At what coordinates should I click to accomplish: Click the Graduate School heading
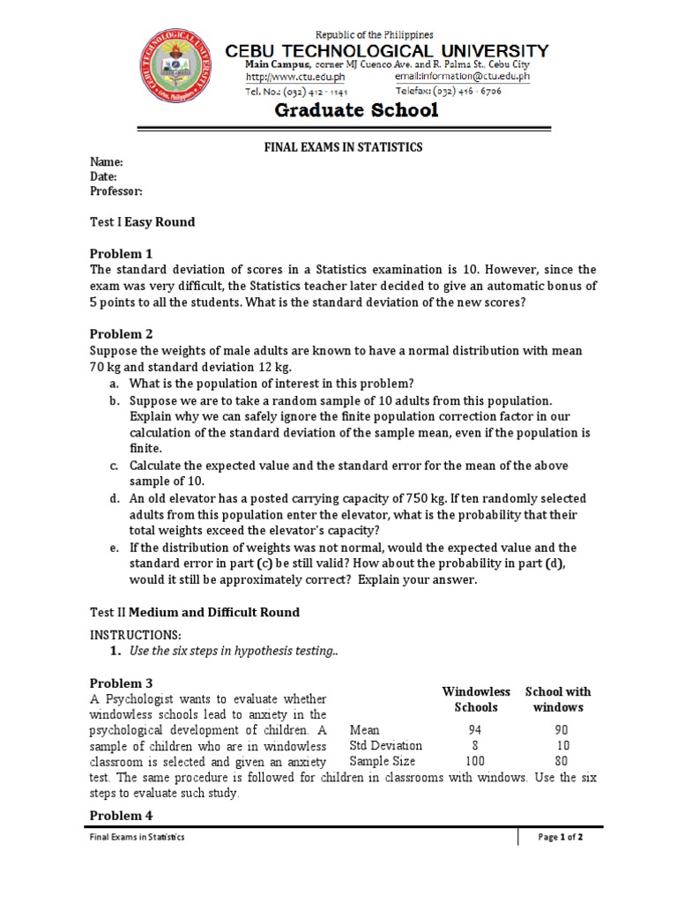(x=356, y=110)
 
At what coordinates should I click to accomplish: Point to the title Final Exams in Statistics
(x=338, y=147)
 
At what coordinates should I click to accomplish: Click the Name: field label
(x=107, y=162)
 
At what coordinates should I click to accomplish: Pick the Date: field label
(x=104, y=176)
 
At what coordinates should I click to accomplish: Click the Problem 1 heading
(x=122, y=254)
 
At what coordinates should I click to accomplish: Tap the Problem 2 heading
(x=122, y=334)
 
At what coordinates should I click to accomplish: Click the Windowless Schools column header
(x=476, y=699)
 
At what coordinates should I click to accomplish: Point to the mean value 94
(x=476, y=730)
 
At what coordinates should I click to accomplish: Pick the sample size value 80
(x=562, y=761)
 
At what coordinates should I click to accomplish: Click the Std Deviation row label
(x=385, y=746)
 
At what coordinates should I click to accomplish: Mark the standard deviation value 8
(x=476, y=746)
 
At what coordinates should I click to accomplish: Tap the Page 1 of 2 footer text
(x=561, y=838)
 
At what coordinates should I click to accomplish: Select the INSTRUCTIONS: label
(x=136, y=635)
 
